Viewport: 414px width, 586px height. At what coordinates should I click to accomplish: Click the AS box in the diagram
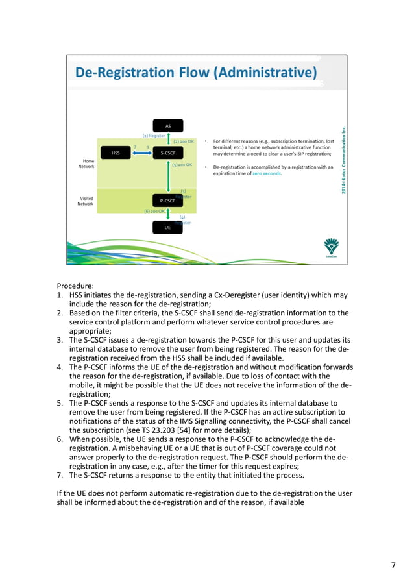point(168,126)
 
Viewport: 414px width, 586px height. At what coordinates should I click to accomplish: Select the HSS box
point(116,153)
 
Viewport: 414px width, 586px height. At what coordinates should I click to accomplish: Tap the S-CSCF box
point(168,153)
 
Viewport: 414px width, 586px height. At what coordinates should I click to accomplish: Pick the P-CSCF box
point(168,201)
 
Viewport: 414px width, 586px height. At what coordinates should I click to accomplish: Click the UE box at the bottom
point(168,228)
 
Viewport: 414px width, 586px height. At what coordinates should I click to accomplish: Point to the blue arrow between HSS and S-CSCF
point(142,153)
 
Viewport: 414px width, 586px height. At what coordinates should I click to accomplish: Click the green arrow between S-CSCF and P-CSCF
point(169,177)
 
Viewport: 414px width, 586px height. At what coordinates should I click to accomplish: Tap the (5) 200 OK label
point(182,165)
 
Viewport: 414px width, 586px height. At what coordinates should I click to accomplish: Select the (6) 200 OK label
point(154,211)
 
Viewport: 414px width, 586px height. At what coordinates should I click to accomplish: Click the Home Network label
point(86,164)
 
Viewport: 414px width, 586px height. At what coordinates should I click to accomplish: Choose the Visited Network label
point(86,201)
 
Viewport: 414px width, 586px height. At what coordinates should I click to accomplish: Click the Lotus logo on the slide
point(331,248)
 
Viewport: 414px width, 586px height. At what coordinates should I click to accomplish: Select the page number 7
point(393,565)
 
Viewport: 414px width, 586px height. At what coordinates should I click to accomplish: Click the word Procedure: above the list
point(76,286)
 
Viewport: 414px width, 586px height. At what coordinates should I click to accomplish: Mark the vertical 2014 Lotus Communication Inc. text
point(343,158)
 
